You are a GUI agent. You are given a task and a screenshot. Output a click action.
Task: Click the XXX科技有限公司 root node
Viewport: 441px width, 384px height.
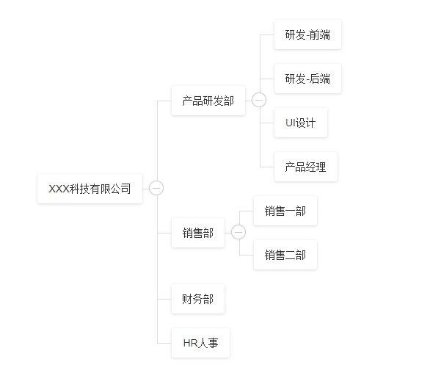90,189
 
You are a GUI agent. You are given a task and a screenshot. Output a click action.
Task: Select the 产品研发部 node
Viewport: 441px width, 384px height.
208,101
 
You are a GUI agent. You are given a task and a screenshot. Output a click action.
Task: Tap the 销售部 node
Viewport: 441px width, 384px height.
197,233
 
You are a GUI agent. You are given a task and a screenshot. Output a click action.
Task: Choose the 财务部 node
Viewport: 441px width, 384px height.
197,299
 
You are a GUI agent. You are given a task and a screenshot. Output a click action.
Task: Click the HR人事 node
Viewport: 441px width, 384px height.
200,343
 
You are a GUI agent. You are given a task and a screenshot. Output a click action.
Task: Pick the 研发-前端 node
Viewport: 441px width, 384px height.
307,35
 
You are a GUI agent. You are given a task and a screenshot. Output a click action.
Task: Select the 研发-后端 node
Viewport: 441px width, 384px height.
307,79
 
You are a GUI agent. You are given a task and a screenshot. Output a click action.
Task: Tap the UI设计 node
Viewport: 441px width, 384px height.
300,123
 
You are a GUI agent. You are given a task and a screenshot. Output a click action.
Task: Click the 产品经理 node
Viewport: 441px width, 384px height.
305,167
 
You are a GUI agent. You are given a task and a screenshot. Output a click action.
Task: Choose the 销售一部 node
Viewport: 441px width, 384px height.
285,211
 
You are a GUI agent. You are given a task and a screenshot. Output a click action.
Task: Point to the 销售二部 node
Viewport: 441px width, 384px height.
285,255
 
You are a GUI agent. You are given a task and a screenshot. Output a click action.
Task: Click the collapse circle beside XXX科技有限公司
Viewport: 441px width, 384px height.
156,189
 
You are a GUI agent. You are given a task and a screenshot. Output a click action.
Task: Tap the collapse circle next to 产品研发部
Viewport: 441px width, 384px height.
259,101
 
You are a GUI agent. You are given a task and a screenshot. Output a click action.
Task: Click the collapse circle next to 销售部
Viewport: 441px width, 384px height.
238,233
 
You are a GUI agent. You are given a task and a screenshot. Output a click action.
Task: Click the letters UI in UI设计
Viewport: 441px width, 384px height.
290,123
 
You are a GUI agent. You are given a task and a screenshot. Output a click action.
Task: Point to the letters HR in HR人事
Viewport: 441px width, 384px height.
190,343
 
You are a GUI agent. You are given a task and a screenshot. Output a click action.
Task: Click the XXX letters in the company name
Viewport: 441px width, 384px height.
59,189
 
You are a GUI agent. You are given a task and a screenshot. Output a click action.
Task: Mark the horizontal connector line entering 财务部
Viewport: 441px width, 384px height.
164,299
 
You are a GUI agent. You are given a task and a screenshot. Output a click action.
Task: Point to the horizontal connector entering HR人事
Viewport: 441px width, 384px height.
164,343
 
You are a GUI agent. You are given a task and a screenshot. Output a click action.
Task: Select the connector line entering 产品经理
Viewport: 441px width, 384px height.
267,167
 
